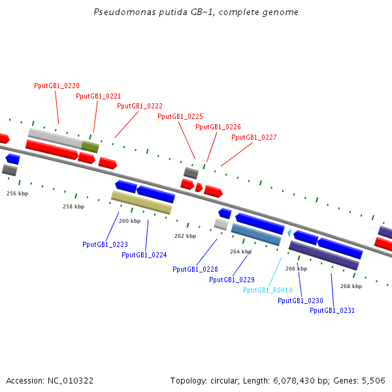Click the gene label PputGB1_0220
[57, 86]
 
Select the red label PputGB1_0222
[140, 106]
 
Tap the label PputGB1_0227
[254, 137]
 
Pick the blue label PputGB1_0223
[105, 244]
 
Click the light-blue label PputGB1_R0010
[269, 290]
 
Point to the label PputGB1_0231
[333, 310]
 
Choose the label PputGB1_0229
[232, 280]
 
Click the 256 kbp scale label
[18, 193]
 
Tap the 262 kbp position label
[185, 236]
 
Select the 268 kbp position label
[351, 286]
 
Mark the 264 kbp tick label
[240, 252]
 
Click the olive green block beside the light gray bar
[90, 147]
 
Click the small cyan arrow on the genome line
[289, 232]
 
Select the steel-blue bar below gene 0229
[256, 235]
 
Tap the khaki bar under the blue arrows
[141, 203]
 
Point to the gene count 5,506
[374, 380]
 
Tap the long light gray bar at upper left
[55, 137]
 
